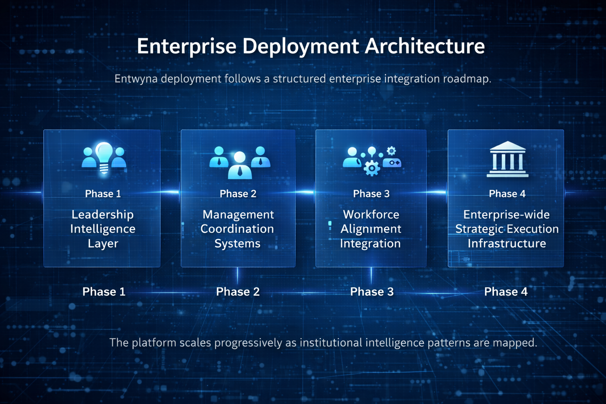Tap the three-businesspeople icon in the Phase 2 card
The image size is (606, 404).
(x=239, y=162)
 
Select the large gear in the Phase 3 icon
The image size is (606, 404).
(x=371, y=168)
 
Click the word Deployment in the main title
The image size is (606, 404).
(x=301, y=47)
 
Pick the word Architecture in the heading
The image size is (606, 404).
(x=425, y=46)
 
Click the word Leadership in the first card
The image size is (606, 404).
(x=103, y=214)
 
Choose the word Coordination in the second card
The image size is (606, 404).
(x=237, y=229)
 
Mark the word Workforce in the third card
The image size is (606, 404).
(x=371, y=214)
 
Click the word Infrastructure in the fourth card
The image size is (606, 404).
(x=507, y=243)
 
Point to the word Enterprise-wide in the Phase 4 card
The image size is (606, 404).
(x=506, y=214)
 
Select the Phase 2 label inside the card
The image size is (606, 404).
(x=238, y=194)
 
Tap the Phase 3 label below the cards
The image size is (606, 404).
(x=372, y=292)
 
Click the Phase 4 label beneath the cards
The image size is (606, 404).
(x=505, y=292)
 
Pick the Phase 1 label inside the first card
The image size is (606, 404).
(x=103, y=194)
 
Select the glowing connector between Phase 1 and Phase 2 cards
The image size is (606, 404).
(x=170, y=192)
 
